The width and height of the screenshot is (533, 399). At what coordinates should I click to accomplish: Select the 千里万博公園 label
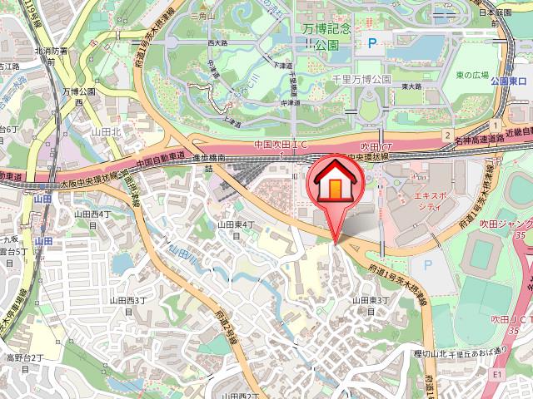click(361, 78)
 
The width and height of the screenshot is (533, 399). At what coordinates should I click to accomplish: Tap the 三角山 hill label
click(203, 15)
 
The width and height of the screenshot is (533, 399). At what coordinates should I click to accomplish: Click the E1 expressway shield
click(497, 375)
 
